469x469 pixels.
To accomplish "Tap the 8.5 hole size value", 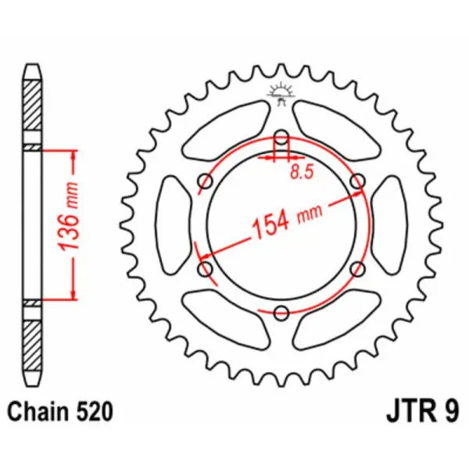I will pyautogui.click(x=299, y=174).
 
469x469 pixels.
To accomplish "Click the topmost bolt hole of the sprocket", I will pyautogui.click(x=281, y=138).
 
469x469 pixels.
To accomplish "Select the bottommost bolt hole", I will pyautogui.click(x=281, y=313).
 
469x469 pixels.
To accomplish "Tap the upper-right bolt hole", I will pyautogui.click(x=357, y=182).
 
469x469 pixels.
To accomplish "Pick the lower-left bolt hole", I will pyautogui.click(x=206, y=270).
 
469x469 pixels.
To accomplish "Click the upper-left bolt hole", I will pyautogui.click(x=206, y=182).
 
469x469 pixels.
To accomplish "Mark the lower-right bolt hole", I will pyautogui.click(x=357, y=270).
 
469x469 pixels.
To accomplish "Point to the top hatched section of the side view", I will pyautogui.click(x=30, y=109).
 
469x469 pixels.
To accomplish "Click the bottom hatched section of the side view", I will pyautogui.click(x=30, y=340).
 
